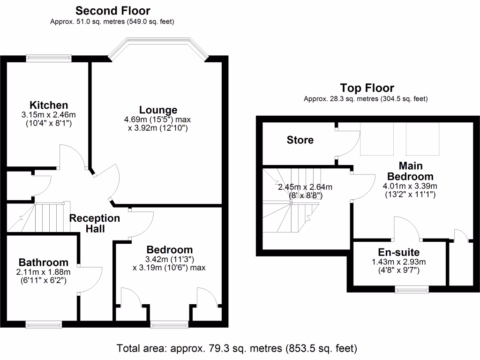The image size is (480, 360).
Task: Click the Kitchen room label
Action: click(49, 105)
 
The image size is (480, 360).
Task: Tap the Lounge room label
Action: click(158, 110)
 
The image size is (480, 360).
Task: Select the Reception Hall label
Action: click(95, 224)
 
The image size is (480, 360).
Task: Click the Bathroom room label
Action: click(43, 262)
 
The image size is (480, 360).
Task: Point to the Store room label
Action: click(300, 140)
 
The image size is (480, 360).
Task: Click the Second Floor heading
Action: click(113, 10)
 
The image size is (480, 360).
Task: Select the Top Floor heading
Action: click(367, 88)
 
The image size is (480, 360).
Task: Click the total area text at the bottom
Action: click(237, 348)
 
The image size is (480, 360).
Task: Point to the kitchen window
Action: click(49, 59)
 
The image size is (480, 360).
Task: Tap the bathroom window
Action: click(44, 324)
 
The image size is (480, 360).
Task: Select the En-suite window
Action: click(411, 289)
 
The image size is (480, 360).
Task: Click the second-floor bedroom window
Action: click(167, 324)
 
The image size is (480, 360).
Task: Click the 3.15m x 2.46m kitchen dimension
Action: click(49, 115)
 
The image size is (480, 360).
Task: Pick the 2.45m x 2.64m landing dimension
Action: click(305, 187)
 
